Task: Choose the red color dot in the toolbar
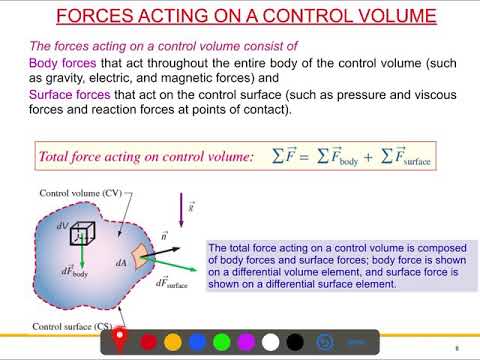coord(148,342)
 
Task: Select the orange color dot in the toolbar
coord(172,342)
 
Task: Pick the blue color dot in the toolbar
coord(196,342)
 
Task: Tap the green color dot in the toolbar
coord(220,342)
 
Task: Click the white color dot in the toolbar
coord(269,342)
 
